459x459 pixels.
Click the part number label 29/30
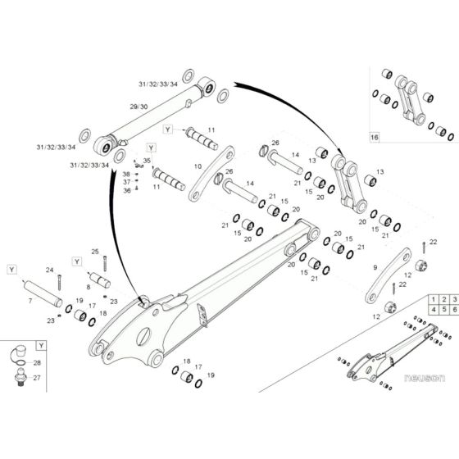point(139,107)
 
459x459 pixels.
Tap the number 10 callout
point(198,166)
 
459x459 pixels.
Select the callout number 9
point(375,267)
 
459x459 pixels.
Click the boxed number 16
point(375,137)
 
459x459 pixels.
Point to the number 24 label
point(49,270)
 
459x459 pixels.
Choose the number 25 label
point(94,251)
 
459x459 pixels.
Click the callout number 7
point(31,302)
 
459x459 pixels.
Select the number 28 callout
point(37,362)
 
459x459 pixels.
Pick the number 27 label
point(37,378)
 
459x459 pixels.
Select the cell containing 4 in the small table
point(431,312)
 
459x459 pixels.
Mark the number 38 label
point(127,175)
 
